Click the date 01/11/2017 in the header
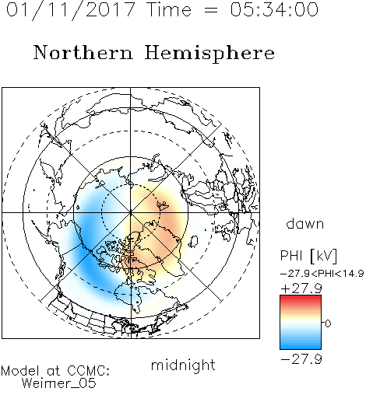pos(71,10)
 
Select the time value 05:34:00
pos(274,9)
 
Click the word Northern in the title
pos(83,52)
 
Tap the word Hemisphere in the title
pos(209,54)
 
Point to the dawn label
pos(305,223)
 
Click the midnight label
pos(183,365)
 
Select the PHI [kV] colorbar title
pos(308,256)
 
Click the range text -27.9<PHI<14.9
pos(322,274)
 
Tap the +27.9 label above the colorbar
pos(301,288)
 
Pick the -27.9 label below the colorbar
pos(301,359)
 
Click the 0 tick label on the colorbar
pos(328,323)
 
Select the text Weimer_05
pos(58,383)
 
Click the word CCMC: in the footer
pos(88,371)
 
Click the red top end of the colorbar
pos(301,297)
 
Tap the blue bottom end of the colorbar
pos(301,348)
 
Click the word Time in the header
pos(169,9)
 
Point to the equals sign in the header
pos(210,10)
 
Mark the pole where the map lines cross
pos(131,213)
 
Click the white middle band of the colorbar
pos(301,323)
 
